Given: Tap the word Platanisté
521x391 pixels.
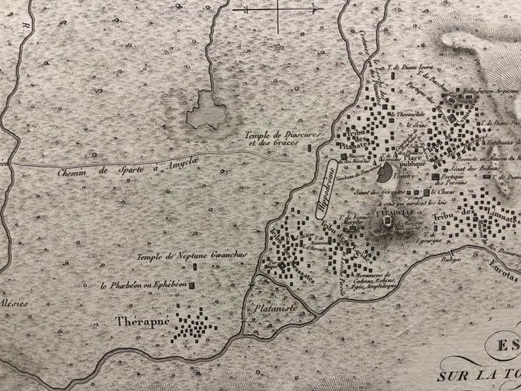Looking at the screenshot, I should click(277, 307).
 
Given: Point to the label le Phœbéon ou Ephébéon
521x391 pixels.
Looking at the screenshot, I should click(144, 285).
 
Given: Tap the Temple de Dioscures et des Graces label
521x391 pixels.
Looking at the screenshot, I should click(272, 139).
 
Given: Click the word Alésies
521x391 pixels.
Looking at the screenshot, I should click(14, 303).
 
